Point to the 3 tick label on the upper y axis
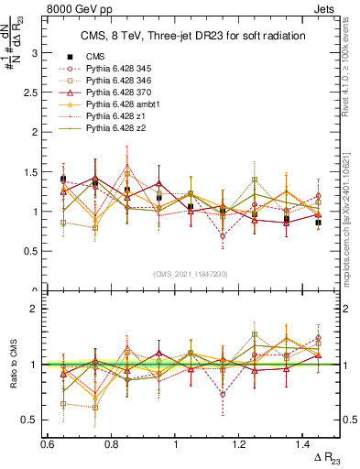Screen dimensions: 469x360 point(37,53)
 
